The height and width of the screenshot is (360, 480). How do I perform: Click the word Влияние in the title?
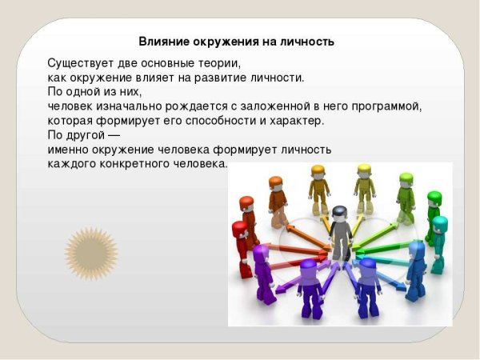[162, 41]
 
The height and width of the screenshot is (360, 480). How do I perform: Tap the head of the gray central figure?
[339, 213]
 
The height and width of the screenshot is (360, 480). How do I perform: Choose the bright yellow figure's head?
[364, 170]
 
